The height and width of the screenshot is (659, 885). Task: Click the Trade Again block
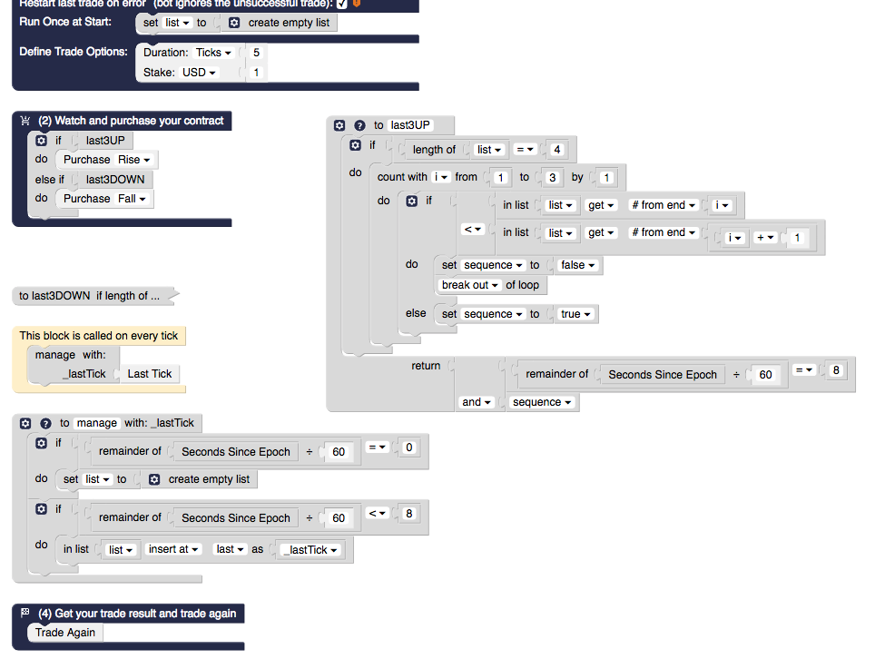[x=65, y=633]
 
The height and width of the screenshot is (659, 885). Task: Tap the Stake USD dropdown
[x=200, y=73]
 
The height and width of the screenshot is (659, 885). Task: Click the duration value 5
[x=256, y=53]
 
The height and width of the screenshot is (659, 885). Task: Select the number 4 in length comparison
[x=556, y=150]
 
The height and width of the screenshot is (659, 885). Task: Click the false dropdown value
[x=578, y=265]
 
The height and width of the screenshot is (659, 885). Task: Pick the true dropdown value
[x=576, y=314]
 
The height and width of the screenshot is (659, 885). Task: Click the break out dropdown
[x=470, y=285]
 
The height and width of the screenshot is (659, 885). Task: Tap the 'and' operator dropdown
[x=476, y=402]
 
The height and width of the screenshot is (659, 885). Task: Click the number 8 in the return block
[x=836, y=370]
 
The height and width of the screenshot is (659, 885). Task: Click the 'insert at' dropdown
[x=174, y=550]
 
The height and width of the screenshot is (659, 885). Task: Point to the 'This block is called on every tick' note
[x=99, y=336]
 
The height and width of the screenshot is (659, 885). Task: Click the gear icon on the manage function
[x=25, y=423]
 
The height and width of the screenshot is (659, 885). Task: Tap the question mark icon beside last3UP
[x=359, y=125]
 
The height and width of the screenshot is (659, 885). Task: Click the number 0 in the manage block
[x=409, y=448]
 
